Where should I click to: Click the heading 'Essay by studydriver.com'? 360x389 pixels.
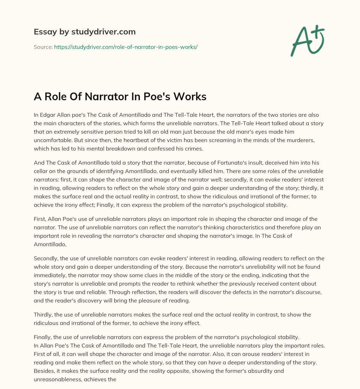coord(84,32)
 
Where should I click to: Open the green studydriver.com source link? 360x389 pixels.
coord(126,47)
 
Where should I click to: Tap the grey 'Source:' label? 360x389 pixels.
coord(43,47)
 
